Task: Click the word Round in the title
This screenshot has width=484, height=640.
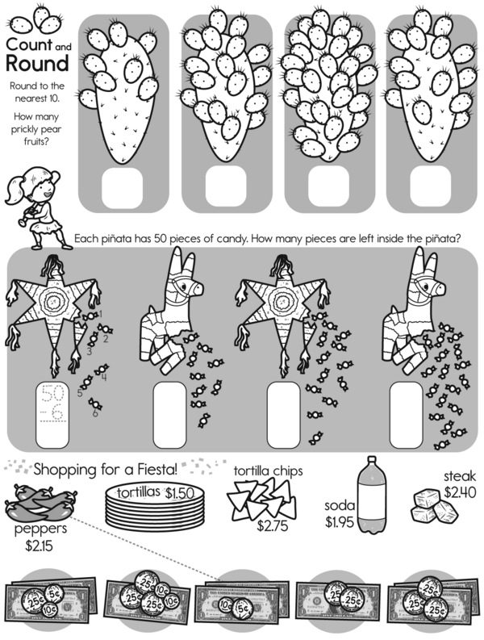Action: [x=37, y=64]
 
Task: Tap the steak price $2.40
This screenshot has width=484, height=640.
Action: [x=460, y=492]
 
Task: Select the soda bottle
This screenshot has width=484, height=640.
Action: [x=372, y=495]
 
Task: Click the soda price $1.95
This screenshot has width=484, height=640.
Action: [x=340, y=521]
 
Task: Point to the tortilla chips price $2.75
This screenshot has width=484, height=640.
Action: [x=272, y=525]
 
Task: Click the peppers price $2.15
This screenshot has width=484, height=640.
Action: [x=39, y=546]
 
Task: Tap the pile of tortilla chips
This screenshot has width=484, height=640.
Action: [x=261, y=500]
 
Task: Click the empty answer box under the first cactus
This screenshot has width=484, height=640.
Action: [x=122, y=187]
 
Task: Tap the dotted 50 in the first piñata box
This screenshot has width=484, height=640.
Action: [x=52, y=394]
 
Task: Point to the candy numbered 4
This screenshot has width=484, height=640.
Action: [x=100, y=370]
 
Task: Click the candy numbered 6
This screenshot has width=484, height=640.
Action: [x=96, y=404]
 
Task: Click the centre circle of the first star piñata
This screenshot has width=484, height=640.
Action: [x=53, y=303]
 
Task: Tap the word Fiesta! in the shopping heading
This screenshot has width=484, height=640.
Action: [x=156, y=470]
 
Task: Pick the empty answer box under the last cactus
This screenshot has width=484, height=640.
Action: [x=431, y=187]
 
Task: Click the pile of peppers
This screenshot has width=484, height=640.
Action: [x=40, y=503]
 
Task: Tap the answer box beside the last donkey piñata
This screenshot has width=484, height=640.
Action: [x=406, y=415]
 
